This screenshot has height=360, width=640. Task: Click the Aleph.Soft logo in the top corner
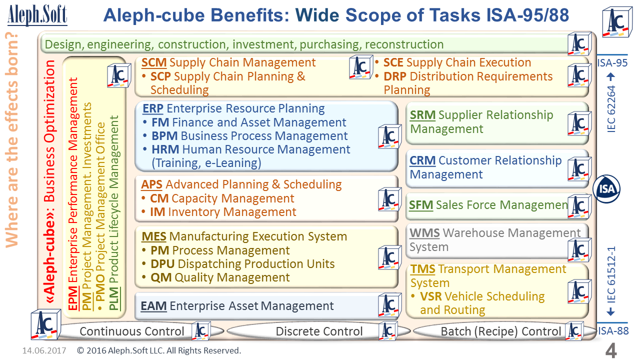click(37, 15)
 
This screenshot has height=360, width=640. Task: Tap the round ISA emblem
click(606, 189)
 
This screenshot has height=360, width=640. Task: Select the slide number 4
click(611, 350)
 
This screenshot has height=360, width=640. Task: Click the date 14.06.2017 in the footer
click(44, 350)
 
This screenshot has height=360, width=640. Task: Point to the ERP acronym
click(153, 108)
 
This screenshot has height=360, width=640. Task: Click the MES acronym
click(153, 236)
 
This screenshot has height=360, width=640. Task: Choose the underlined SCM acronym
click(154, 62)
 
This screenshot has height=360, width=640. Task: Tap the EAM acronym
click(153, 306)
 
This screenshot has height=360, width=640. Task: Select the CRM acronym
click(422, 160)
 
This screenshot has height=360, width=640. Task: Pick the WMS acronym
click(424, 233)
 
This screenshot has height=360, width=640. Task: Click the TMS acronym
click(423, 269)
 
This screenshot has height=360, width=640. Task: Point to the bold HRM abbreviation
click(165, 149)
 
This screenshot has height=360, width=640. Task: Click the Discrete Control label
click(319, 331)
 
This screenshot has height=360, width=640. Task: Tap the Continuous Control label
click(131, 331)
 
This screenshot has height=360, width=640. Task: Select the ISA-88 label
click(613, 331)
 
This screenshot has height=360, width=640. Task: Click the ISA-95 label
click(612, 63)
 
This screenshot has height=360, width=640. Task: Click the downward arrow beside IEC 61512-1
click(610, 311)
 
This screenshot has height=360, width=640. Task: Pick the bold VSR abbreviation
click(431, 296)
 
